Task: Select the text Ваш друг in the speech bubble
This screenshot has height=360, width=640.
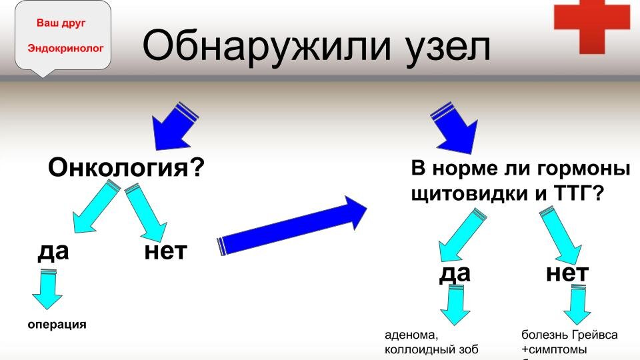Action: click(x=56, y=23)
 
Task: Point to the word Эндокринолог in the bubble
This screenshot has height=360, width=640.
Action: click(x=65, y=49)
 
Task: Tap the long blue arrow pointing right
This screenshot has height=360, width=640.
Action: click(x=293, y=228)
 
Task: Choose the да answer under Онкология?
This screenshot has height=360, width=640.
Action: click(x=53, y=251)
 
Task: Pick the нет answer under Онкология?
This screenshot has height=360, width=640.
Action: click(x=165, y=251)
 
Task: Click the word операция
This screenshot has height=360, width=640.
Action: click(x=57, y=325)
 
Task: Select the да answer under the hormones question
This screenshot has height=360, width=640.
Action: click(x=455, y=273)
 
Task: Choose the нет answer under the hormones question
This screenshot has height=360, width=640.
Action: click(x=567, y=273)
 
